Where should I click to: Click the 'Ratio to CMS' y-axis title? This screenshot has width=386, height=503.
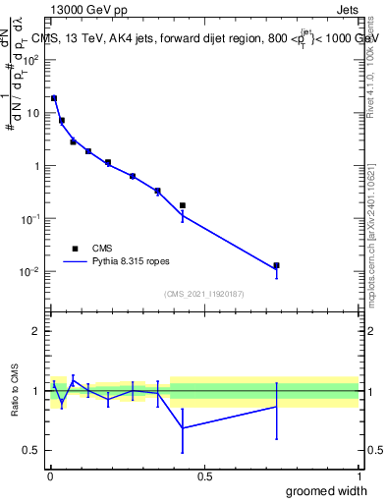[x=15, y=391]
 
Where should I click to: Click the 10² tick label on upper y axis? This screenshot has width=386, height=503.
[x=30, y=60]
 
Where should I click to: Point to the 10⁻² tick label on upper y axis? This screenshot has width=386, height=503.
[x=30, y=272]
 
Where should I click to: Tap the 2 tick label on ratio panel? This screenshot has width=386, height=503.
[x=35, y=331]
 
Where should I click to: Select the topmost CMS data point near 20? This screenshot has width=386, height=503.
[x=54, y=98]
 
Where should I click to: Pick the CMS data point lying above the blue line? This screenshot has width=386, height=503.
[x=183, y=205]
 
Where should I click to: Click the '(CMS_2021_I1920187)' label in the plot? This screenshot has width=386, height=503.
[x=203, y=294]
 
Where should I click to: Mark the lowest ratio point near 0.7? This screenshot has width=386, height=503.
[x=183, y=427]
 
